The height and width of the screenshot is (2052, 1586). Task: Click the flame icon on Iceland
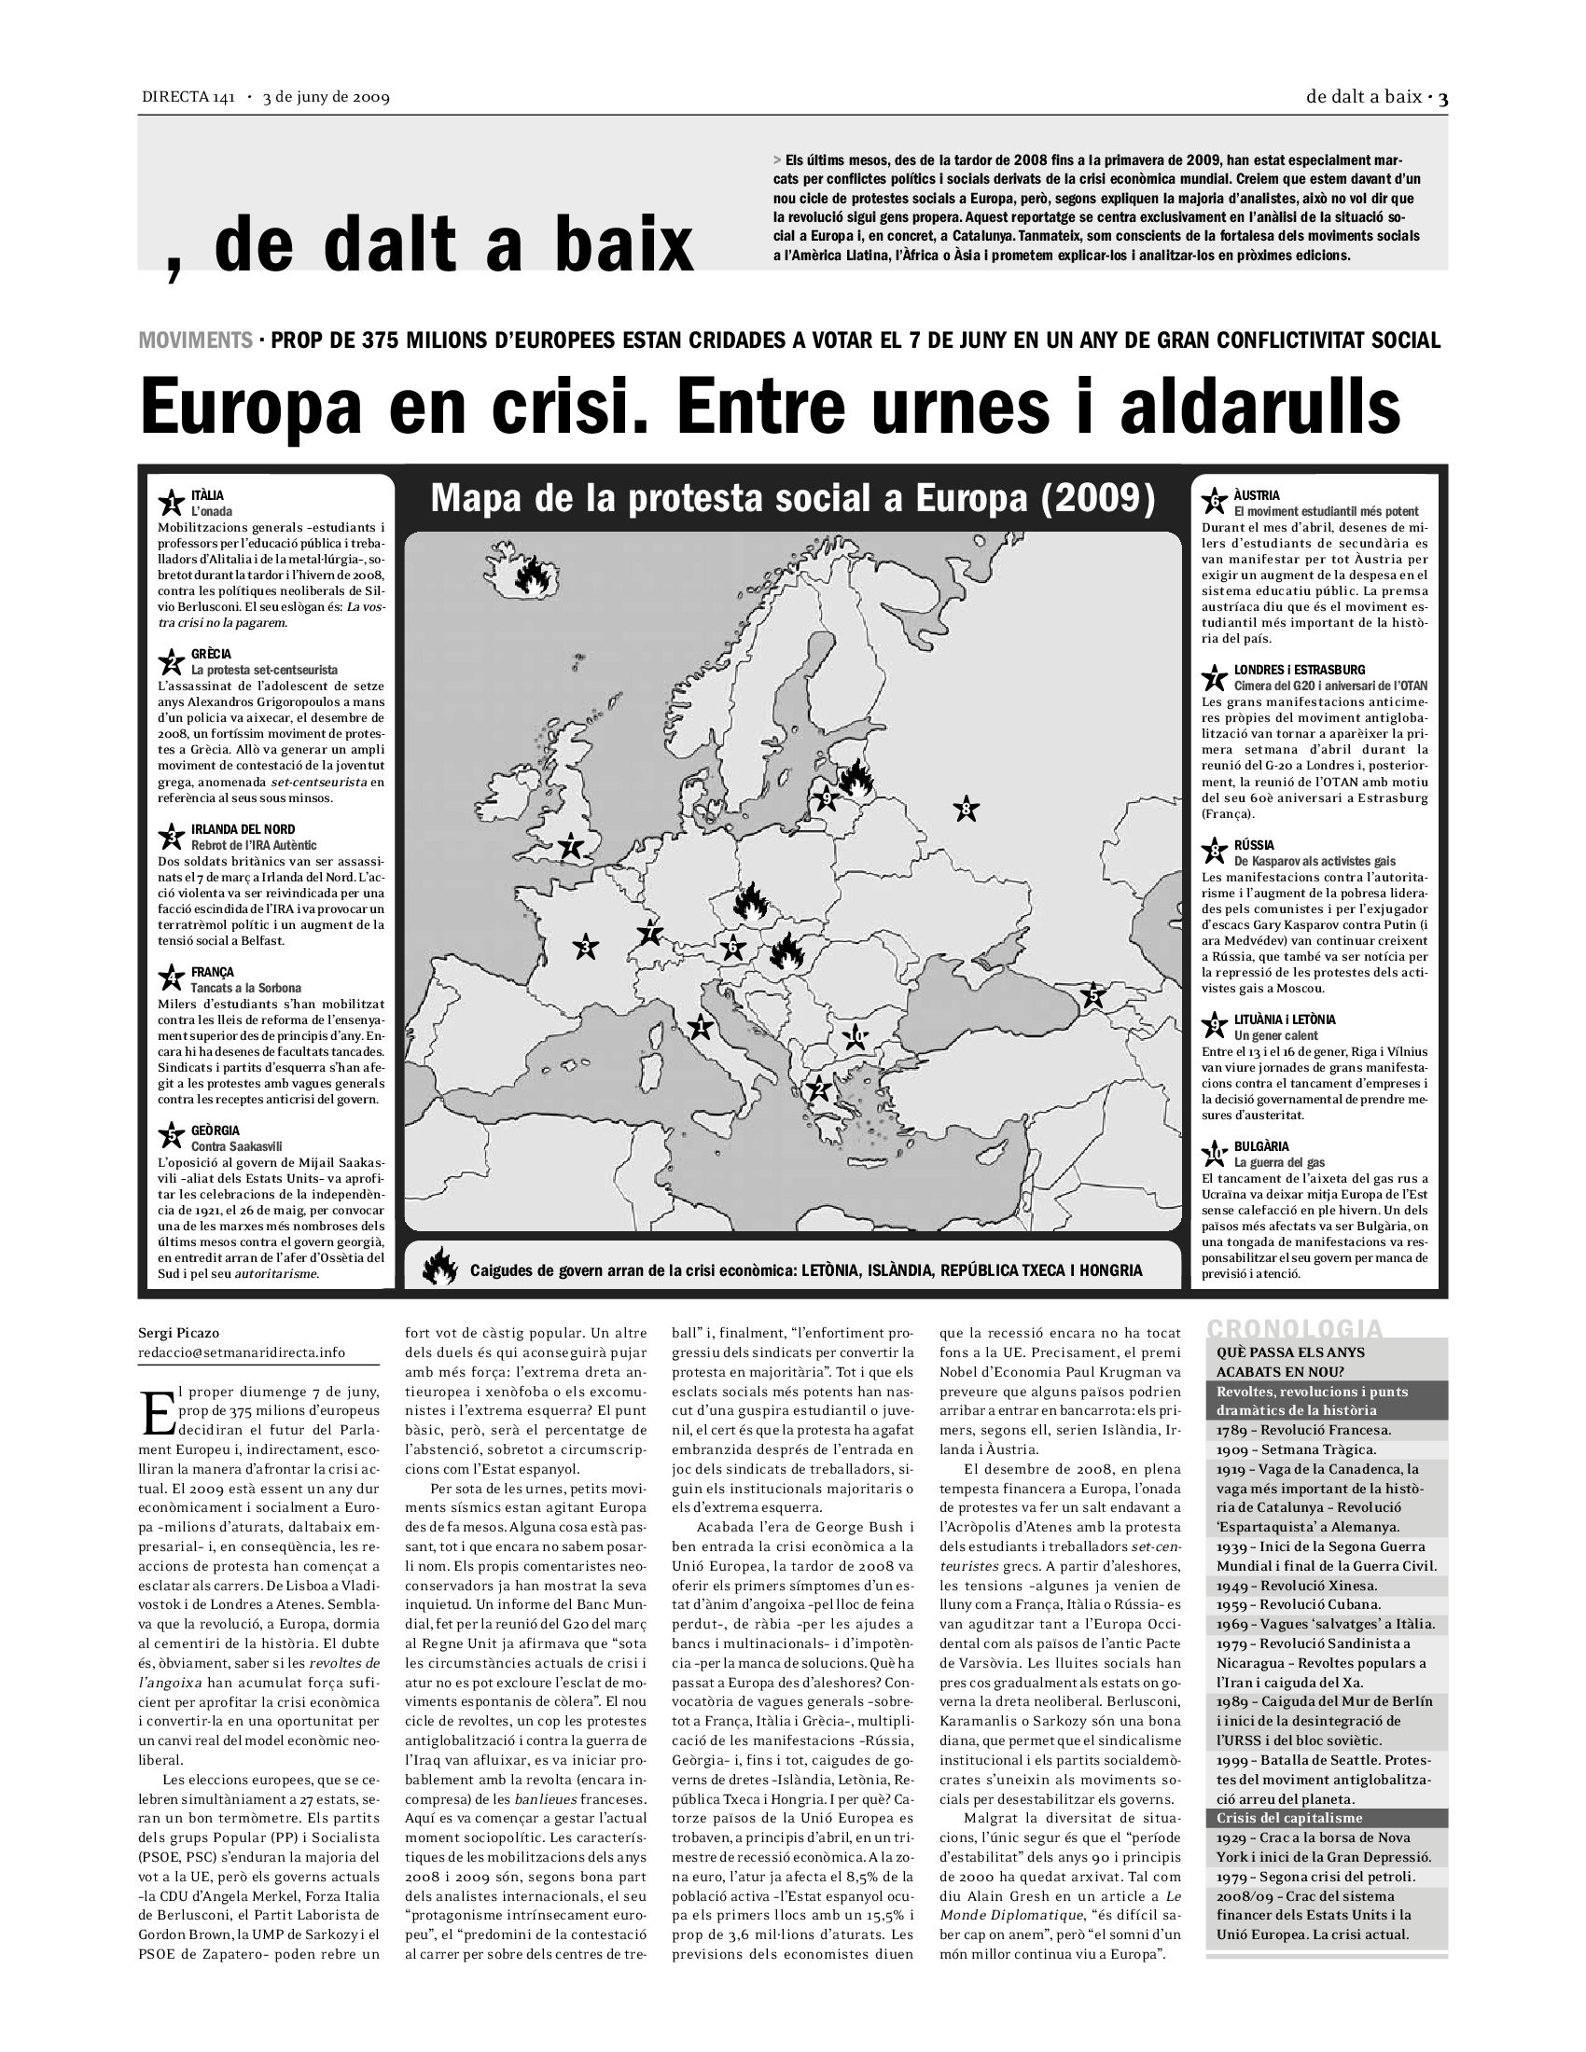533,575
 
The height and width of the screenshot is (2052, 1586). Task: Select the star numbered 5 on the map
1092,995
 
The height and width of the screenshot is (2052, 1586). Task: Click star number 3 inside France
586,946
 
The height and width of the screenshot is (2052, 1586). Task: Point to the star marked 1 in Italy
699,1027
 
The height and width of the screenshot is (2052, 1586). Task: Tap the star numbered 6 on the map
733,947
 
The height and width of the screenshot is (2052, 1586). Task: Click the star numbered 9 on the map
826,798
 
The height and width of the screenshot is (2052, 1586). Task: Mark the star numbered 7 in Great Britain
571,847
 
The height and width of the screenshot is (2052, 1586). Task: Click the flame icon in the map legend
439,1269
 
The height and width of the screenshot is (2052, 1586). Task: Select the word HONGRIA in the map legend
1110,1270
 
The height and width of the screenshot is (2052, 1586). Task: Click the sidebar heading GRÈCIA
212,654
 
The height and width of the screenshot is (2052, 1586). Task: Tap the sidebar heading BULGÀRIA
1262,1146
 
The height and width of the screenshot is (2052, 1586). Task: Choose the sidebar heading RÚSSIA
1254,846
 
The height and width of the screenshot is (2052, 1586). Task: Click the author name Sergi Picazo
178,1332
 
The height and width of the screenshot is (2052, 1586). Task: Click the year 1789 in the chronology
1231,1430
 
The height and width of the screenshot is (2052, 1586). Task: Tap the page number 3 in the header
1442,97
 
